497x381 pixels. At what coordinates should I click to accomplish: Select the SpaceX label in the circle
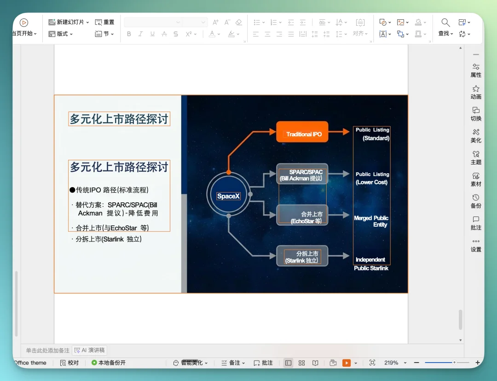228,196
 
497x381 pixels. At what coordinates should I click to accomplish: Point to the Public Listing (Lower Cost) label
372,178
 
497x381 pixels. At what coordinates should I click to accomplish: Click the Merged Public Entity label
371,221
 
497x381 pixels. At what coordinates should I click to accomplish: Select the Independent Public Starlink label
371,264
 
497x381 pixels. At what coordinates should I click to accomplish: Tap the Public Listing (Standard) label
372,134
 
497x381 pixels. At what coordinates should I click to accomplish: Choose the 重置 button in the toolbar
105,22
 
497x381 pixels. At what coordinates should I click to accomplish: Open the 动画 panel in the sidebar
476,92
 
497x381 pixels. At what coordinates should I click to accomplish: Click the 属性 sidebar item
476,70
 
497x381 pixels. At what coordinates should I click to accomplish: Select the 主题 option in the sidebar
476,157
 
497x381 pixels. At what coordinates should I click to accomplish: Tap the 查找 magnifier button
445,27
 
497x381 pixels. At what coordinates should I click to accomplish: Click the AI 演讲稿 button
90,350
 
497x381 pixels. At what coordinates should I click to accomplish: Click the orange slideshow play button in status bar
346,363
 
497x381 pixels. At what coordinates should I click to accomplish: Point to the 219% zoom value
391,363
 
